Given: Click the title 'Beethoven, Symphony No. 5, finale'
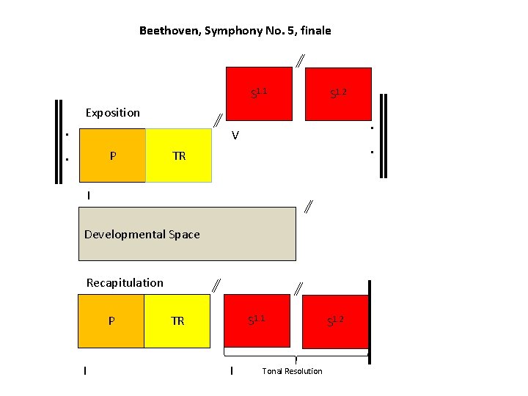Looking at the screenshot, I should [x=235, y=31].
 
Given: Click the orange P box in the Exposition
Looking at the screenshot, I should [x=112, y=155].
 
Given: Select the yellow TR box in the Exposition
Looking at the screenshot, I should [x=179, y=155].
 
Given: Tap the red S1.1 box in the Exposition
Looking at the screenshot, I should [x=258, y=93].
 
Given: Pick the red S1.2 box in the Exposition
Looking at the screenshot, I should [x=338, y=93].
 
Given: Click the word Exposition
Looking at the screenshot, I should [x=112, y=113].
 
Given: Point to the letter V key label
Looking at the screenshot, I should [x=235, y=136].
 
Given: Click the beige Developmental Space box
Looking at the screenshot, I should [x=187, y=234].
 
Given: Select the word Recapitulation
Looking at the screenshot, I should [x=125, y=282].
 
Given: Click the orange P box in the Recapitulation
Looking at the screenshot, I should [x=111, y=320].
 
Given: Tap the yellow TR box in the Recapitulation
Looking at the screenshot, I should [x=177, y=320].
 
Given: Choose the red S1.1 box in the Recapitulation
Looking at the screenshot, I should [x=257, y=320].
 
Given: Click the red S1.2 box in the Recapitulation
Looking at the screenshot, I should [x=336, y=322].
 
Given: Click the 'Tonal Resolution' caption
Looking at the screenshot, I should [x=292, y=371].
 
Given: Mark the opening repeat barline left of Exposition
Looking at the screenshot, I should [x=57, y=139].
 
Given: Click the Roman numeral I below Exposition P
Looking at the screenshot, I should [x=89, y=196].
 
